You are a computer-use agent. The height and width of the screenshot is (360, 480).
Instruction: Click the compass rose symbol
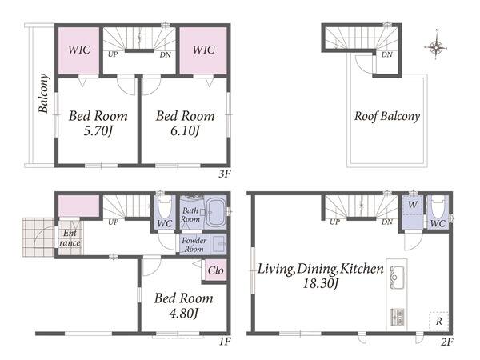436,47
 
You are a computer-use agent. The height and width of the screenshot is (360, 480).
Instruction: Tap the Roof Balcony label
387,116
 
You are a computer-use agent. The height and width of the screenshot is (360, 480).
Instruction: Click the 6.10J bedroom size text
186,131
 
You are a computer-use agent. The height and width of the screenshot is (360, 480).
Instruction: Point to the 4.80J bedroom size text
184,314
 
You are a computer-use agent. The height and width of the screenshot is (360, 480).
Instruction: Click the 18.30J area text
320,284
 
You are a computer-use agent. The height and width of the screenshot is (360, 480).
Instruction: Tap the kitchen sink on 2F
397,277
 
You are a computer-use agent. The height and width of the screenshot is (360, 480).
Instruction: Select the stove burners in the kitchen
398,318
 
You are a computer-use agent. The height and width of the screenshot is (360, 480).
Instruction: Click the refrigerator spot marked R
439,322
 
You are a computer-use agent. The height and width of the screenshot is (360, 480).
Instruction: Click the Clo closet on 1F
215,270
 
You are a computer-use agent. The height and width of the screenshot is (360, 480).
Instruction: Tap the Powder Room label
194,245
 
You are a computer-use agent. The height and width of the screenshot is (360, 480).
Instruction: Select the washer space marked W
413,205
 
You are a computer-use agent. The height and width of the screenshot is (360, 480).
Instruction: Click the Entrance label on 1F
70,238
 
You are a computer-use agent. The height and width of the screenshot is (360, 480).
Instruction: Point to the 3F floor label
224,174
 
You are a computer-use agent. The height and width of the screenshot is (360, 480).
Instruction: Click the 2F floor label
447,342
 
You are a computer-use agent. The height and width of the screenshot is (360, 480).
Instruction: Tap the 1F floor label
224,342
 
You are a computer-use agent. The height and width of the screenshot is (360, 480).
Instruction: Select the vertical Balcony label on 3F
43,93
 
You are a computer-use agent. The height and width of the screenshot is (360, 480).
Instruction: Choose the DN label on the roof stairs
387,54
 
